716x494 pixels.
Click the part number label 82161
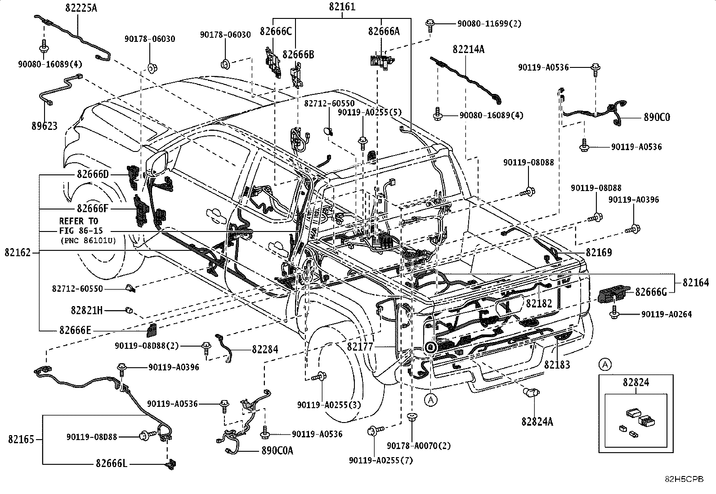(x=342, y=7)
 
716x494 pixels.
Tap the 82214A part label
(x=468, y=49)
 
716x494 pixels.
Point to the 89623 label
(x=45, y=126)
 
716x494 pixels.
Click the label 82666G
(x=651, y=292)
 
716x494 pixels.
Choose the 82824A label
(x=537, y=422)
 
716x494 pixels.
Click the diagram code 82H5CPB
(x=684, y=479)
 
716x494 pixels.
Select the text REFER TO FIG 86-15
(x=81, y=226)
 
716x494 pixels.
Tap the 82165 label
(x=21, y=439)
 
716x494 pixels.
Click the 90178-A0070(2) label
(x=419, y=446)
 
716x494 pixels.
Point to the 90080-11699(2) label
(x=489, y=24)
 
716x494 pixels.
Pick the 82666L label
(x=112, y=463)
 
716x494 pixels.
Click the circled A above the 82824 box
(x=605, y=365)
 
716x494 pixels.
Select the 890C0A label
(x=277, y=450)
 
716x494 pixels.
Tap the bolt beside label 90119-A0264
(x=614, y=312)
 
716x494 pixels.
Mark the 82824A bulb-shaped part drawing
(x=531, y=392)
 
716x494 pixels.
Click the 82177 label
(x=360, y=347)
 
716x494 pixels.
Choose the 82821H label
(x=87, y=310)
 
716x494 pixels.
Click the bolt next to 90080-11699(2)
(x=430, y=26)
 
